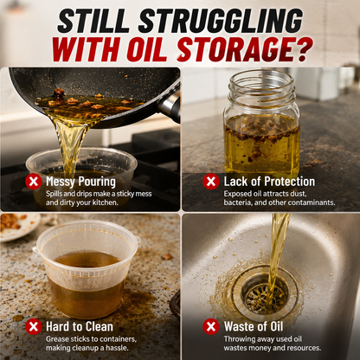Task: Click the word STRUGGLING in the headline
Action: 221,21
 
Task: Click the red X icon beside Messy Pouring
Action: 34,182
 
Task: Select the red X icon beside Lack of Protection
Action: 211,182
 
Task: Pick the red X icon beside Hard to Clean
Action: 34,326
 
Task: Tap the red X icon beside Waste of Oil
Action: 211,326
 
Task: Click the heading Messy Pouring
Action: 80,182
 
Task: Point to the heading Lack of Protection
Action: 269,182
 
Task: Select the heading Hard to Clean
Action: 80,326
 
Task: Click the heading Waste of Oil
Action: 254,326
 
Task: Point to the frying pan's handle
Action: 170,105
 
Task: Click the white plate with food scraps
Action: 17,227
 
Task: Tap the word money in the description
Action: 260,348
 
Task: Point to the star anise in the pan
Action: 59,93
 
